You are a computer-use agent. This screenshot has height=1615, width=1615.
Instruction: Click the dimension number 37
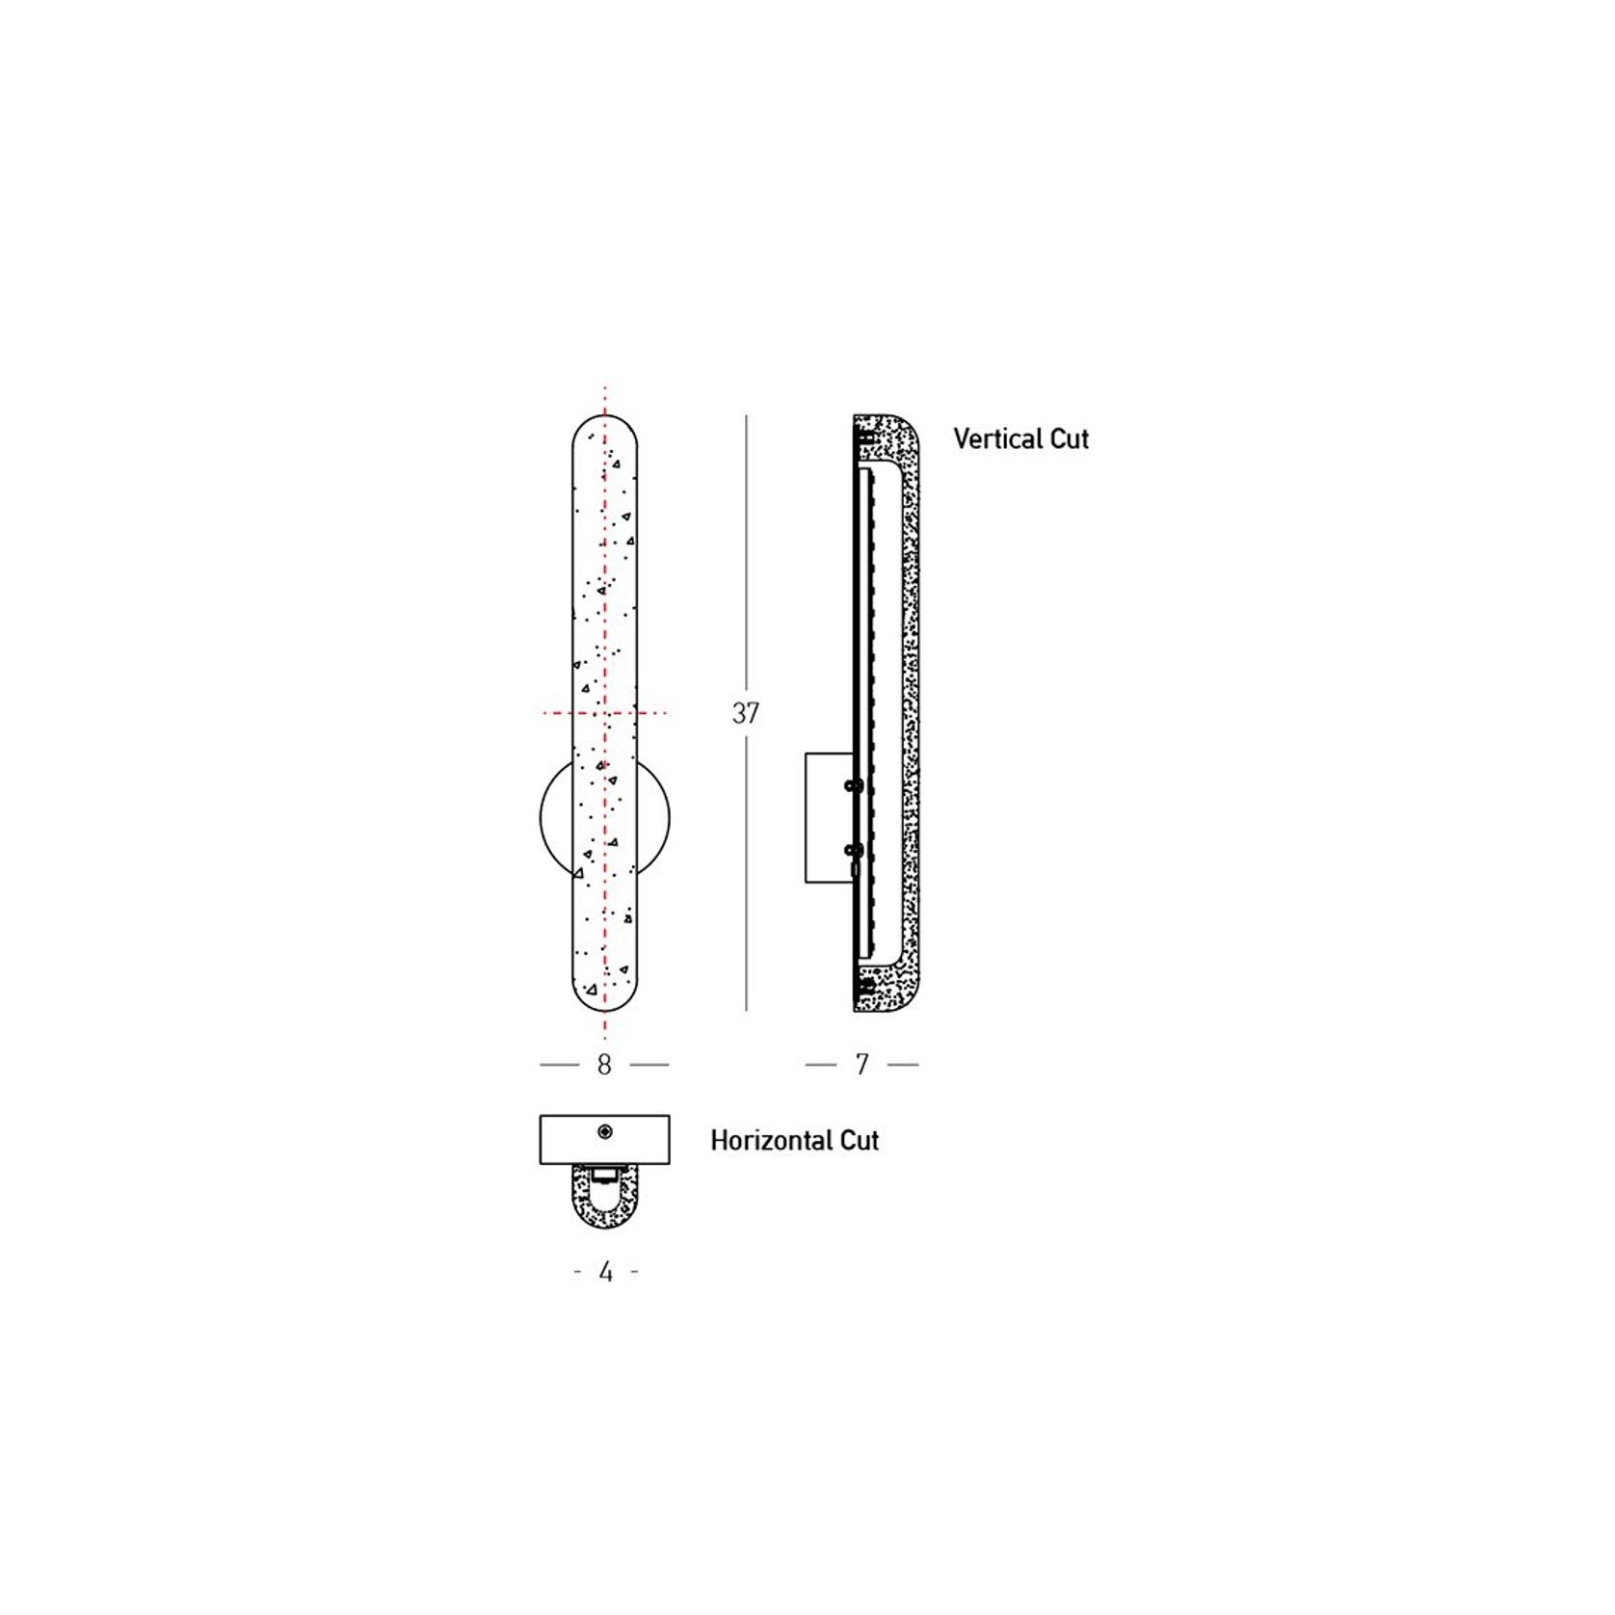coord(745,714)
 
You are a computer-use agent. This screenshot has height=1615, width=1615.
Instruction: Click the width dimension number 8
coord(604,1065)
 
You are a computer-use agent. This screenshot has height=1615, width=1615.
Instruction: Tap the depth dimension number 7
coord(861,1065)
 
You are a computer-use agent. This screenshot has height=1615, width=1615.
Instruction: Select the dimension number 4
coord(605,1273)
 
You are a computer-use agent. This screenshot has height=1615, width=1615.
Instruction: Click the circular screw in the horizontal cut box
coord(604,1131)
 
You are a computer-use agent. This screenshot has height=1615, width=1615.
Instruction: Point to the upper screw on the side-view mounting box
coord(850,786)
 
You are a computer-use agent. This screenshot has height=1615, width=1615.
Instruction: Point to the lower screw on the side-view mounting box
coord(850,850)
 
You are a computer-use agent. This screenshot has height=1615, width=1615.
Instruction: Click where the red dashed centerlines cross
coord(604,713)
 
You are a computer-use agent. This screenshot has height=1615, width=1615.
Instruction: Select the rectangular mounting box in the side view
coord(826,817)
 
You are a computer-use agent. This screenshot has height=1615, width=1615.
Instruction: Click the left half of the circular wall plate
coord(555,817)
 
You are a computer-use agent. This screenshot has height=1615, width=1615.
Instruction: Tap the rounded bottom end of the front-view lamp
coord(604,997)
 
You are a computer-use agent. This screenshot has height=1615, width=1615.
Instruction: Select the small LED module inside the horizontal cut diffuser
coord(604,1175)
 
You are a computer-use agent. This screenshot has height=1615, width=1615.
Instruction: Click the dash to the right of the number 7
coord(903,1065)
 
